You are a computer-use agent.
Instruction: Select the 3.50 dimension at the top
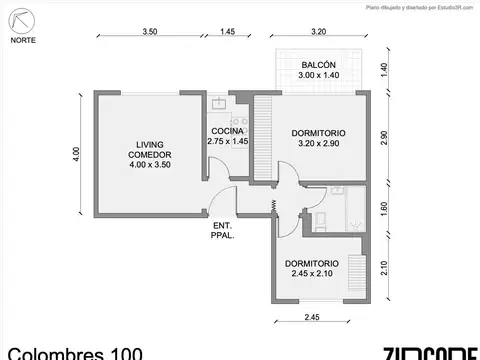[x=149, y=32]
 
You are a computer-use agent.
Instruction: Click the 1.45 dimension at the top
[x=228, y=32]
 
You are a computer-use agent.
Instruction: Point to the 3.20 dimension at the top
[x=319, y=32]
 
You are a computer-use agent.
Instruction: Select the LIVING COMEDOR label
[x=149, y=155]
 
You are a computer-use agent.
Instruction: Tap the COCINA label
[x=228, y=137]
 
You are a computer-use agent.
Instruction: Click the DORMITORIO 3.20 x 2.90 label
[x=319, y=139]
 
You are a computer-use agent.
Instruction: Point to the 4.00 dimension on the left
[x=76, y=154]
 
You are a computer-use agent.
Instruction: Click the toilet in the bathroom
[x=322, y=220]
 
